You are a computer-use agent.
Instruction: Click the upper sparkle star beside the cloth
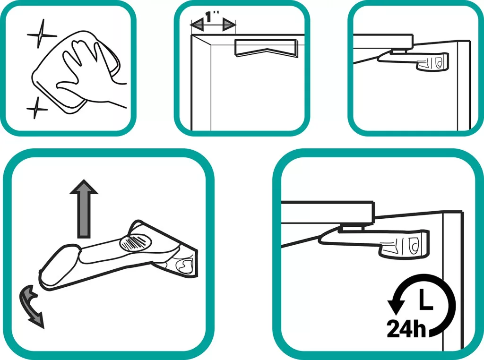pos(40,34)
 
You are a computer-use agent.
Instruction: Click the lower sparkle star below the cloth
pos(37,109)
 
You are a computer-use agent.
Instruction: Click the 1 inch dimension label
pos(212,17)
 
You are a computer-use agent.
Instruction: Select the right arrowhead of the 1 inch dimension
pos(229,25)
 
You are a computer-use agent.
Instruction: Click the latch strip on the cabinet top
pos(267,48)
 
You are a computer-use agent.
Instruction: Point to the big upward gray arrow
pos(84,208)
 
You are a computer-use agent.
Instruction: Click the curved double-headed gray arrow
pos(31,307)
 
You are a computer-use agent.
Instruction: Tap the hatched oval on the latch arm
pos(135,242)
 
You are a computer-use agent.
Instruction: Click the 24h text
pos(406,329)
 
